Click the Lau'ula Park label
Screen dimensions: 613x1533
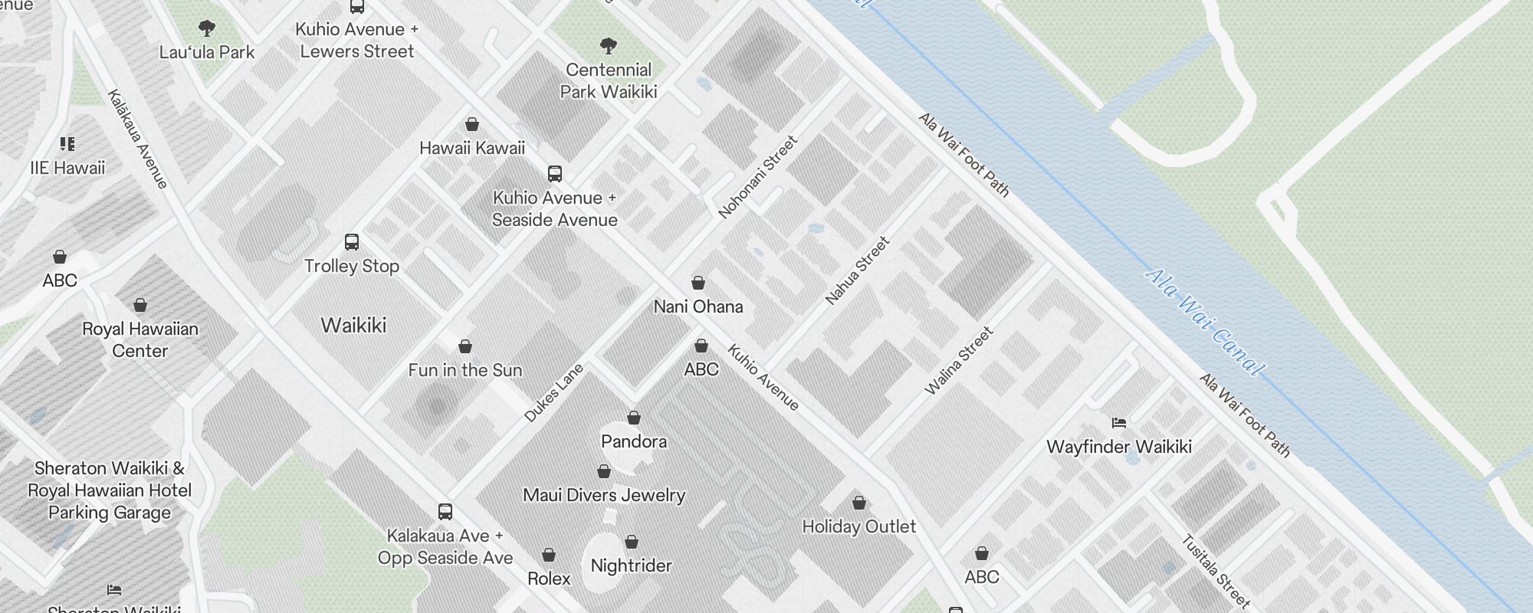pos(207,52)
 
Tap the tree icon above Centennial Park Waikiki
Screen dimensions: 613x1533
pos(609,46)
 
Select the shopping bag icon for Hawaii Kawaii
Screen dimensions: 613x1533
pos(472,124)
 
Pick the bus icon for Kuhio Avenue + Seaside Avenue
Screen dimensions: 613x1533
pos(555,174)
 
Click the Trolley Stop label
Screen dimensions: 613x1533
pos(352,266)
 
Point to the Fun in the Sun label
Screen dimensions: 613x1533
pos(465,370)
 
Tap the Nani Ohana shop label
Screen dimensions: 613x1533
pos(698,306)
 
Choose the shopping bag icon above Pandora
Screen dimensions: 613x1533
pos(634,418)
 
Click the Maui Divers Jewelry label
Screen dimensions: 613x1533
pos(604,495)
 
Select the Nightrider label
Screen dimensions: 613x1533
pos(631,565)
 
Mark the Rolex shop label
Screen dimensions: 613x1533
pos(549,579)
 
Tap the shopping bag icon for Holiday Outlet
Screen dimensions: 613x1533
pos(859,503)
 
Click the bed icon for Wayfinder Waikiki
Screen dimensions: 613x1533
pos(1119,422)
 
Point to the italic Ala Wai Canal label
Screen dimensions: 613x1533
pos(1203,322)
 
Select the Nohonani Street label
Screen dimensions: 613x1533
pos(758,178)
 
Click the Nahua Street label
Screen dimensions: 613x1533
pos(858,271)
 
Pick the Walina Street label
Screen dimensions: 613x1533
pos(959,361)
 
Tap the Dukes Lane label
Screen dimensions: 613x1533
pos(553,393)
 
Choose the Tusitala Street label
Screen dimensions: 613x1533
pos(1216,571)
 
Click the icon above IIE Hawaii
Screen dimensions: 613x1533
pos(67,144)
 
